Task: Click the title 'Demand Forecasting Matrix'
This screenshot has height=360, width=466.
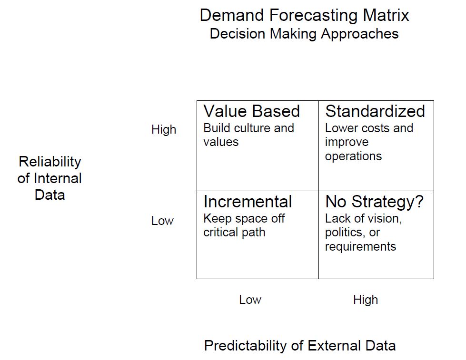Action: point(304,15)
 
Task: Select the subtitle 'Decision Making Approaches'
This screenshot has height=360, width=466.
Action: point(304,34)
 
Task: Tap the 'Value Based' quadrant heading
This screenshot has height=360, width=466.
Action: point(251,111)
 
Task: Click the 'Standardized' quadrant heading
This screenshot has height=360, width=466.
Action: point(375,111)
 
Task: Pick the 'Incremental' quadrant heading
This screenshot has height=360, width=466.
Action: point(248,202)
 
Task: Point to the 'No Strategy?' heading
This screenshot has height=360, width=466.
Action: point(374,202)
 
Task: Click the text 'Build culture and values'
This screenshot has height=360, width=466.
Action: point(248,135)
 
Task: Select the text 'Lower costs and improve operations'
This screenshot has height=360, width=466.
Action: point(369,142)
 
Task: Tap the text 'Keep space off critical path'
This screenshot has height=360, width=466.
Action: point(244,225)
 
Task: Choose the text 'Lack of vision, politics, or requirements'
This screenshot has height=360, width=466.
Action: point(363,233)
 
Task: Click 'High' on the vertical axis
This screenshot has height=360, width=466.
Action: point(164,130)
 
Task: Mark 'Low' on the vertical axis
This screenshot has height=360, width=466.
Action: point(162,221)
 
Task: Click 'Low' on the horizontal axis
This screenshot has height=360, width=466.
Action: point(250,300)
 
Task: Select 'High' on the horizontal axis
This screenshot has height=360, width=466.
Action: point(366,300)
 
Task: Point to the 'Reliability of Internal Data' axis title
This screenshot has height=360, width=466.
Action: point(50,178)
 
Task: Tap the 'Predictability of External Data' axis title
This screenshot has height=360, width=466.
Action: point(300,345)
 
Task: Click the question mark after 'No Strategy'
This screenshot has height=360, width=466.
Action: point(419,202)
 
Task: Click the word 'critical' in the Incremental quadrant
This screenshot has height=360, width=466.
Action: point(220,233)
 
